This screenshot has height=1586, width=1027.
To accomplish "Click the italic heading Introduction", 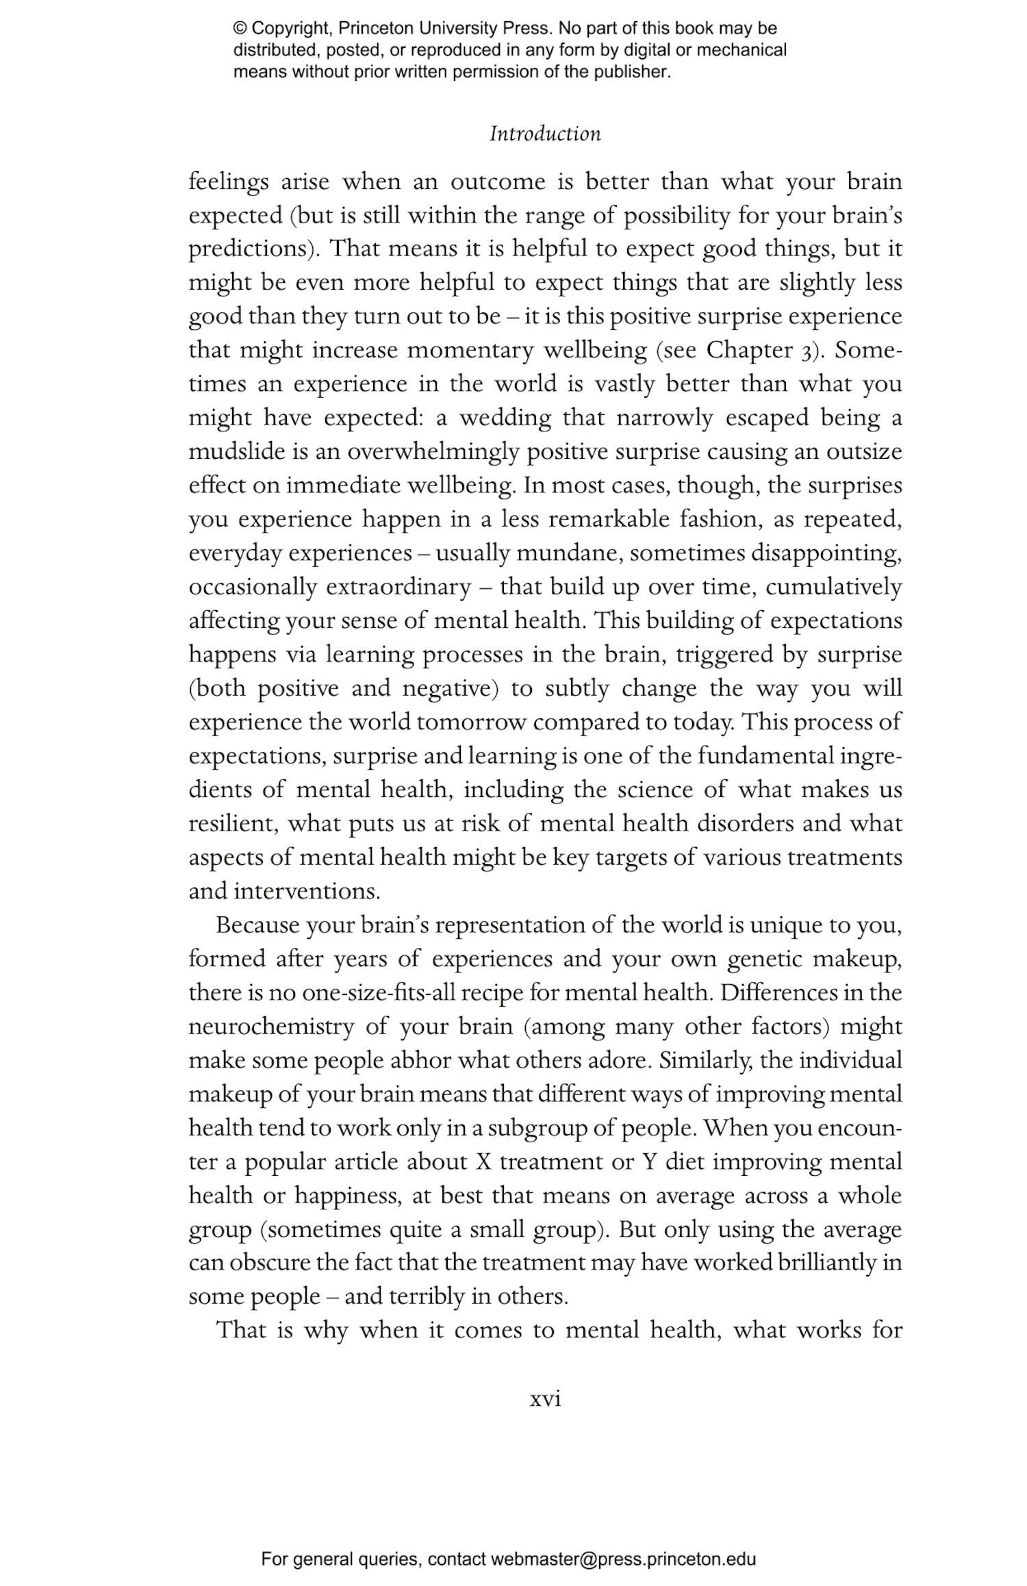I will (545, 134).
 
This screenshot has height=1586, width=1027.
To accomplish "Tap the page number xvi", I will (545, 1398).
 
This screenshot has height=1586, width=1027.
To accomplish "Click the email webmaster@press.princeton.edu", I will (623, 1540).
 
